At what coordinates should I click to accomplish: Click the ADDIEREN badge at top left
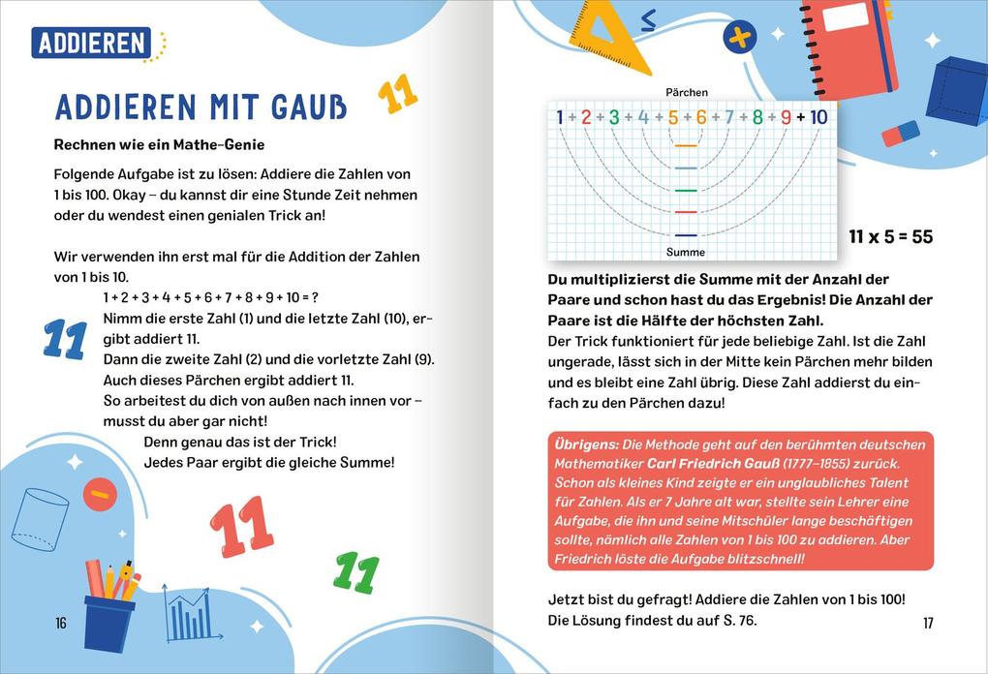point(91,43)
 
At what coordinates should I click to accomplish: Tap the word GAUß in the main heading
point(302,107)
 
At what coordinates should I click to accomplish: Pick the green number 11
point(355,572)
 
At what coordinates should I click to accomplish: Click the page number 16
point(61,624)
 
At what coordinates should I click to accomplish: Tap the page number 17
point(928,624)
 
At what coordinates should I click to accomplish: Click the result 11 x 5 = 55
point(890,237)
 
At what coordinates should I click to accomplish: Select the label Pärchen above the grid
point(686,93)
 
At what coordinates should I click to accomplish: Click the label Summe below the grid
point(686,253)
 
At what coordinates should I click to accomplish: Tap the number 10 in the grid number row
point(818,118)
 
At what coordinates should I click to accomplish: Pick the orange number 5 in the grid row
point(672,118)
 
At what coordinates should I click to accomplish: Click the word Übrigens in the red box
point(586,444)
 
